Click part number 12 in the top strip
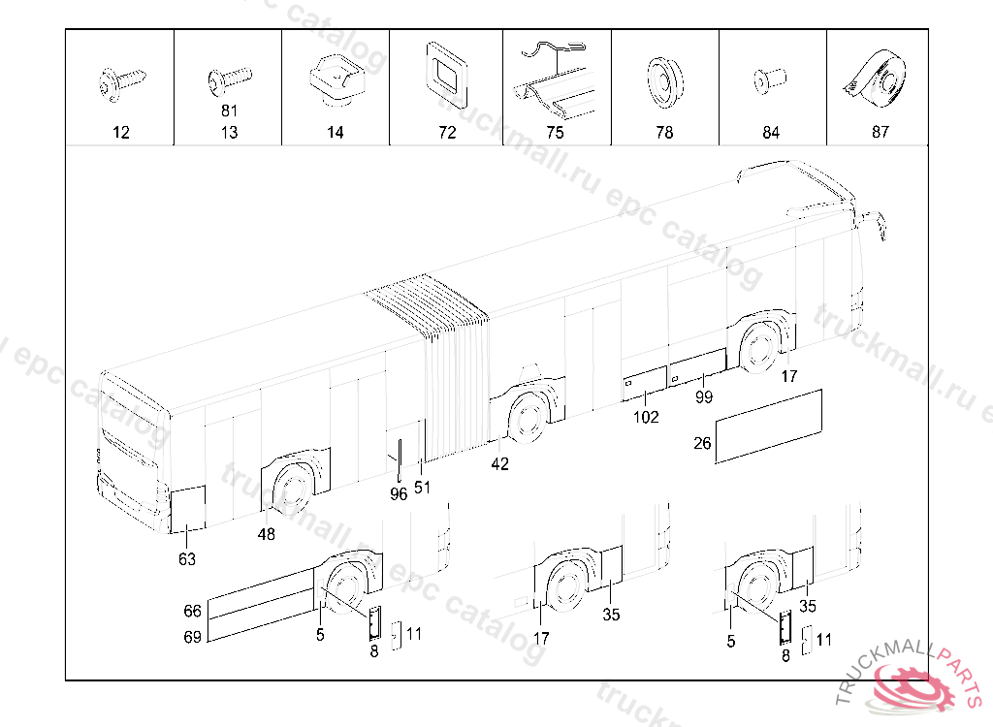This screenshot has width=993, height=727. point(120,133)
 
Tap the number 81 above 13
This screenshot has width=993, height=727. point(229,111)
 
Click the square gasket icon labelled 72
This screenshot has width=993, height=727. point(446,73)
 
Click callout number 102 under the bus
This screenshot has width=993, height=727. point(646,418)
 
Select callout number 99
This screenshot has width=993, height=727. point(704,397)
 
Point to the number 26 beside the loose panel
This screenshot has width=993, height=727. point(703,444)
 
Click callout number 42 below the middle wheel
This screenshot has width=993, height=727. point(499,464)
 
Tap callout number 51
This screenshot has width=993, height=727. point(422,488)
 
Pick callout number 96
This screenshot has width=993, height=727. point(399,494)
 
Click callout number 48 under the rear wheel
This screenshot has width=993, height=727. point(266,534)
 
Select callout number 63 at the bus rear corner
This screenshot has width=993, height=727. point(186,559)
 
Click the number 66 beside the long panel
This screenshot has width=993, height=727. point(192,611)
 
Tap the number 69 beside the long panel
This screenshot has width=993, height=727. point(192,637)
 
